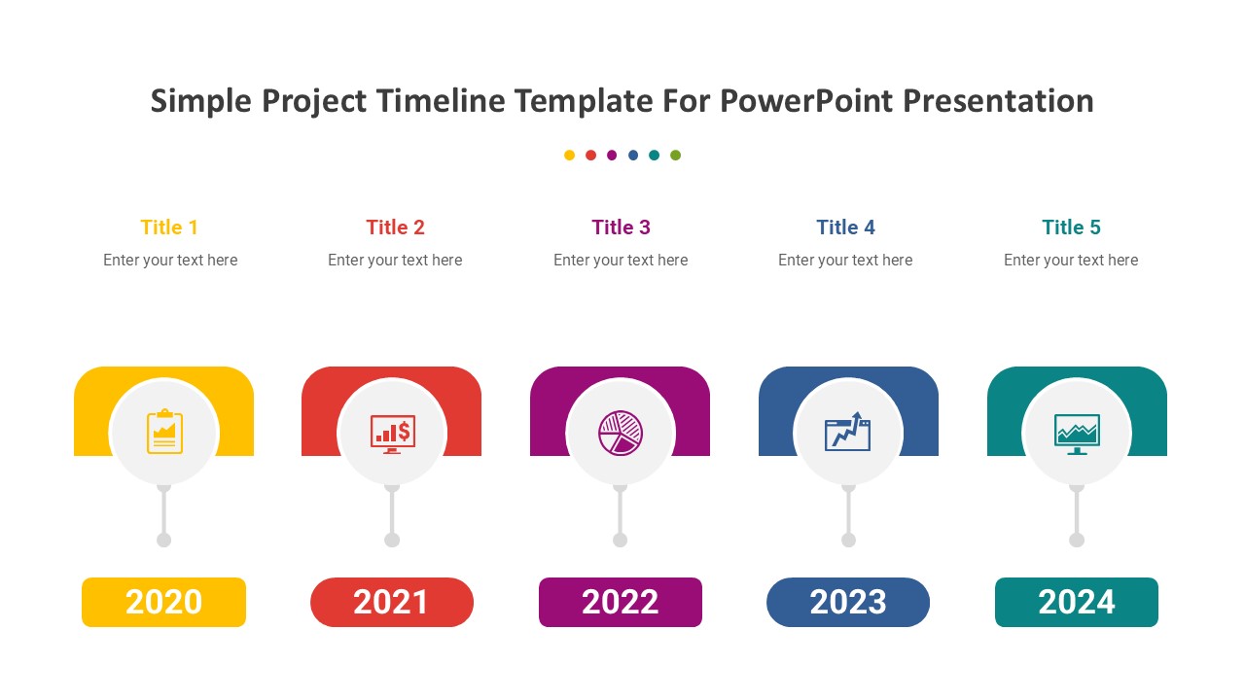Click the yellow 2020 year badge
pos(164,602)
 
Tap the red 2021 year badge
pos(392,602)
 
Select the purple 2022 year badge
pos(621,602)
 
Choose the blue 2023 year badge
pos(848,602)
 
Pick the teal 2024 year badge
pos(1077,602)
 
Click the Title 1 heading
pos(169,227)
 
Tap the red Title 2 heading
pos(395,227)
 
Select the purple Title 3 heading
pos(621,227)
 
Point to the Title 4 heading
pos(846,227)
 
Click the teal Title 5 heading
pos(1072,227)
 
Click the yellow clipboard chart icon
pos(164,432)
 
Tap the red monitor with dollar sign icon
pos(393,434)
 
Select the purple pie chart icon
pos(621,434)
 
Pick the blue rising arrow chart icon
pos(847,432)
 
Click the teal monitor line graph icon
pos(1077,435)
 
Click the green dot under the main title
pos(675,155)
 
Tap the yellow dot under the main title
pos(569,155)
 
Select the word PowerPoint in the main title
pos(807,101)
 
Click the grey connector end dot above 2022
pos(621,540)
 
